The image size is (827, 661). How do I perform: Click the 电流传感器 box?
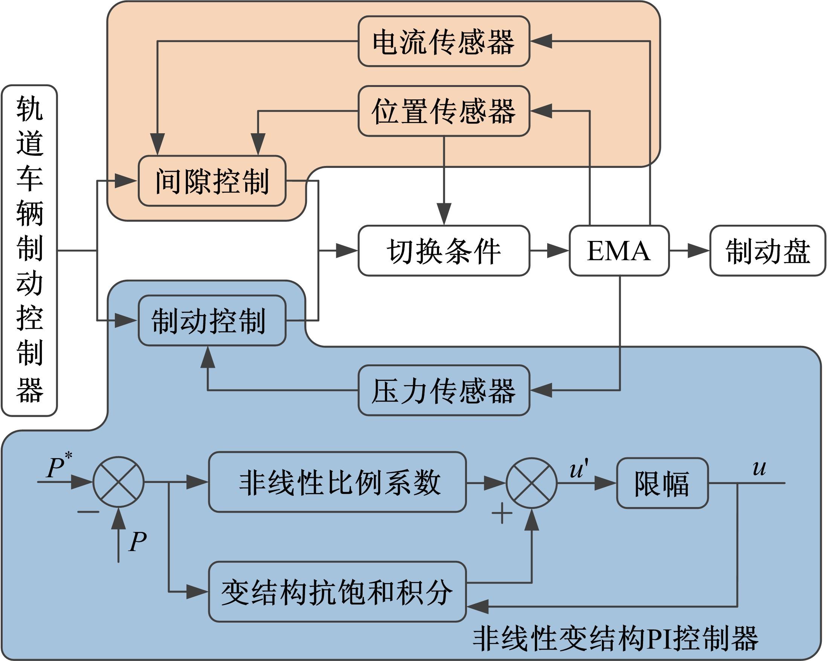[x=444, y=41]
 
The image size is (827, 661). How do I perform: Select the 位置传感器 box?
[x=444, y=111]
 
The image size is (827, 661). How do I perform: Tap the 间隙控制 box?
[x=212, y=181]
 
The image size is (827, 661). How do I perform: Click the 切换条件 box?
[x=444, y=251]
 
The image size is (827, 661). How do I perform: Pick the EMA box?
[x=619, y=251]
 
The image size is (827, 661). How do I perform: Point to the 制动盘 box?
[x=767, y=251]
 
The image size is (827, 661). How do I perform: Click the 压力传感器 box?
[x=444, y=390]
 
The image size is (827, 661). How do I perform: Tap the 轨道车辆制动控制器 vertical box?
[x=29, y=251]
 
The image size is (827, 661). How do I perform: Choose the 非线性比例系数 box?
[x=337, y=482]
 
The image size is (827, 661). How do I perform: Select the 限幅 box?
[x=662, y=483]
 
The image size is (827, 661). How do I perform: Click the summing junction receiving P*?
[x=119, y=482]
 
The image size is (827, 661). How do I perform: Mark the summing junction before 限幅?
[x=532, y=483]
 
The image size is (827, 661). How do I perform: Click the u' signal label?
[x=578, y=470]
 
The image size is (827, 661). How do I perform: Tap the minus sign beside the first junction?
[x=88, y=512]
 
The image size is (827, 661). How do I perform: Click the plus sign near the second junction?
[x=502, y=513]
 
